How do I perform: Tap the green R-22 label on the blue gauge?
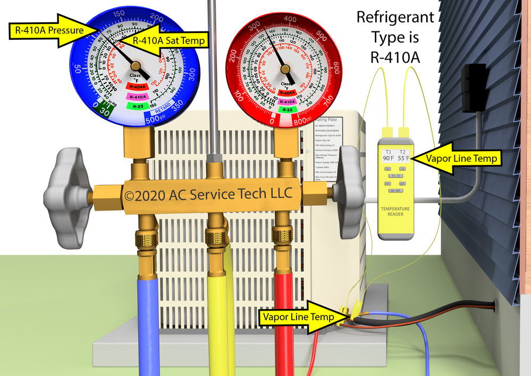point(136,106)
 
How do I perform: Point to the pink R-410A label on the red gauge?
point(286,101)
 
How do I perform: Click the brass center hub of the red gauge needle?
point(286,69)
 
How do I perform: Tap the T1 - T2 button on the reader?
point(395,175)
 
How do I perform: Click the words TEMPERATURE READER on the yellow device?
point(395,212)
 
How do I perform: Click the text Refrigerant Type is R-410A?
point(395,37)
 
